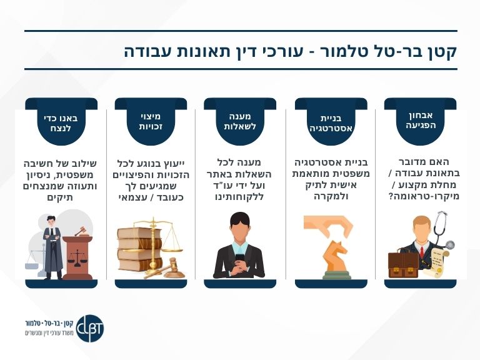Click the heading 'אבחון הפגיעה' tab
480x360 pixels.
(x=420, y=119)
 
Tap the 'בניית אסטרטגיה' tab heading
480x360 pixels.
(x=331, y=123)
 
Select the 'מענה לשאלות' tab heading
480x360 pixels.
(x=241, y=121)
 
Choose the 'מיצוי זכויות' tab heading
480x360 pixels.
(x=151, y=121)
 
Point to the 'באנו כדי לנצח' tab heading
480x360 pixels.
(x=60, y=121)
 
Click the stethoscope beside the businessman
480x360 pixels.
(x=442, y=229)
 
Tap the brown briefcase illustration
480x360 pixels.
(x=403, y=263)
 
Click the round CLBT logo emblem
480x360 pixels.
(x=90, y=327)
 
